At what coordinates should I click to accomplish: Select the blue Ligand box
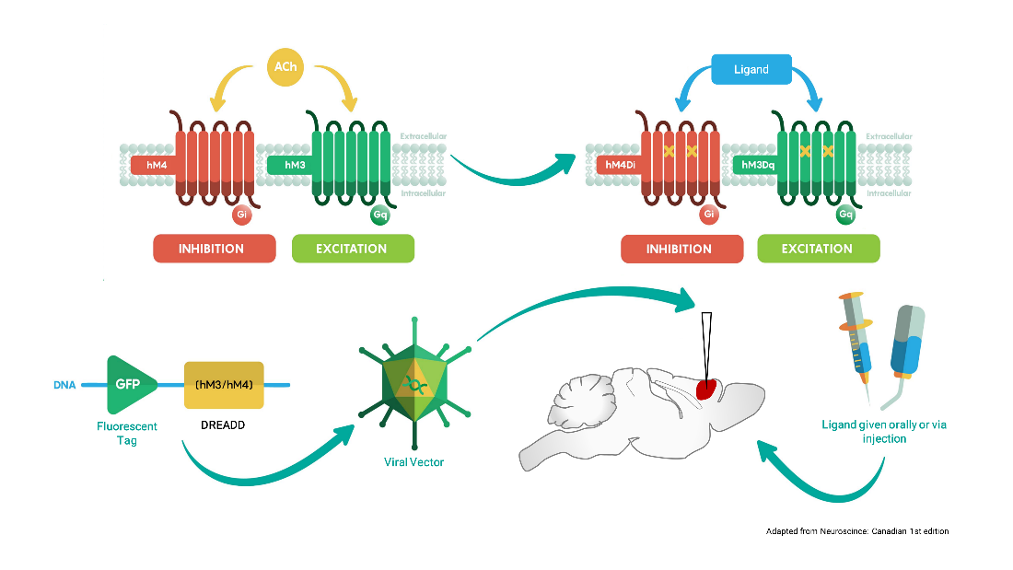752,70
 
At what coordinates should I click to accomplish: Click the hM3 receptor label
292,166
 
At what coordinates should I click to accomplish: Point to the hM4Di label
620,166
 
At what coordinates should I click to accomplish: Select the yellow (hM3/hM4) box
224,384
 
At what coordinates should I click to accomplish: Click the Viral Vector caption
413,461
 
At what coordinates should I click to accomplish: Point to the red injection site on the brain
706,388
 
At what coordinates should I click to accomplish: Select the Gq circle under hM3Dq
845,215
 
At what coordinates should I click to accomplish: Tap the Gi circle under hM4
241,215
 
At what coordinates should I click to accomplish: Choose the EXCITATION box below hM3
353,249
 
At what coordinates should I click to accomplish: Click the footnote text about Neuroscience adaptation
857,531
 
